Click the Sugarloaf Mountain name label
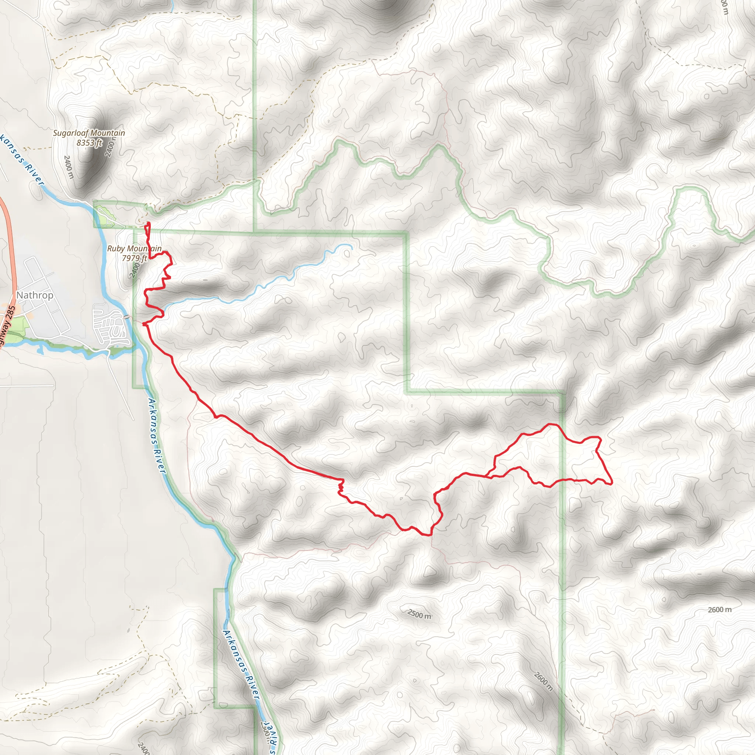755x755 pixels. (x=89, y=133)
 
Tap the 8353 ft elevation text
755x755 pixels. (x=89, y=143)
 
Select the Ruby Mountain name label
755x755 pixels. (x=134, y=248)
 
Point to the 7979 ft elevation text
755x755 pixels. (x=134, y=258)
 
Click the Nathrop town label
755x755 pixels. (x=35, y=295)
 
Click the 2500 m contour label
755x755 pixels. (x=419, y=615)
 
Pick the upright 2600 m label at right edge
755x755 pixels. (x=720, y=610)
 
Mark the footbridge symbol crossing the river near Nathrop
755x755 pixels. (x=126, y=317)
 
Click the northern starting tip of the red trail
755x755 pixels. (x=148, y=223)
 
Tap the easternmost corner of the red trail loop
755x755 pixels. (x=611, y=484)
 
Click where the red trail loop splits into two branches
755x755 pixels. (x=488, y=476)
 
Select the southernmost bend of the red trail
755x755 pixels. (x=430, y=535)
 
